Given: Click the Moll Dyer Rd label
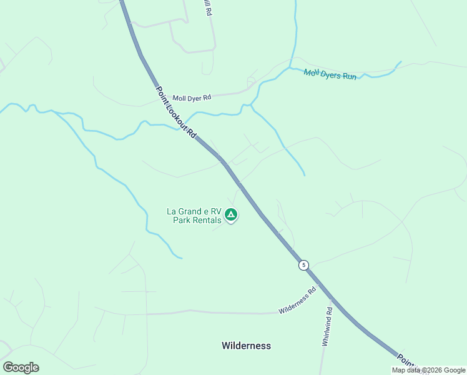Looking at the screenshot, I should click(x=192, y=98).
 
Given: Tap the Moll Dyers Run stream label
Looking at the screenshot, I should click(x=330, y=74).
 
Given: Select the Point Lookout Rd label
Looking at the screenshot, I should click(x=177, y=113).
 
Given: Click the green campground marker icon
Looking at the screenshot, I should click(x=231, y=216).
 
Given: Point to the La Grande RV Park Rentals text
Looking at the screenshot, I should click(x=194, y=216).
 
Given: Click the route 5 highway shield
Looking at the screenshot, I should click(x=303, y=265).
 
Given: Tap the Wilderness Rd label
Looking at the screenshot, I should click(x=298, y=301).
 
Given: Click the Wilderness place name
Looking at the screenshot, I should click(x=246, y=346).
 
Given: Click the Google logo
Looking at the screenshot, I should click(x=21, y=367).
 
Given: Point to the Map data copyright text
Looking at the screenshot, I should click(x=429, y=370).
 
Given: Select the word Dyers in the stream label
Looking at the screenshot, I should click(x=331, y=74).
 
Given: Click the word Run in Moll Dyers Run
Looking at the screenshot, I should click(x=350, y=76).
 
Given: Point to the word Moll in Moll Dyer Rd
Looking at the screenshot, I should click(x=180, y=98).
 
